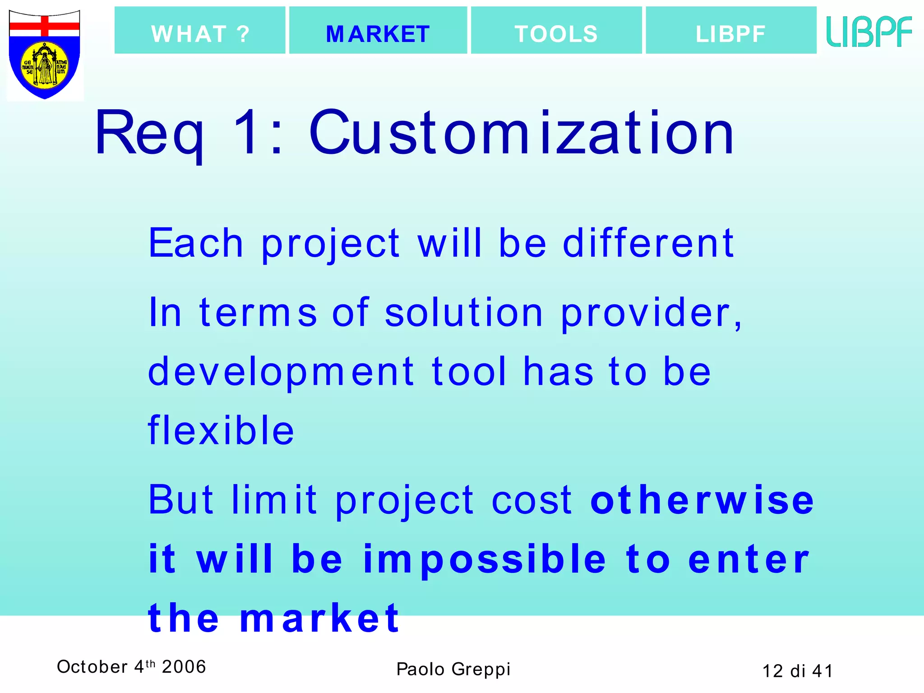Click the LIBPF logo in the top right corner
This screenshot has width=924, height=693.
click(869, 32)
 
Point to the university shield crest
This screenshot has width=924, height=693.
click(45, 54)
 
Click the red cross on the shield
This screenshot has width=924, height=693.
click(45, 26)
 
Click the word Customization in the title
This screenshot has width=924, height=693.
click(522, 134)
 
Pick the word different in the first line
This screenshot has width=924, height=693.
click(648, 243)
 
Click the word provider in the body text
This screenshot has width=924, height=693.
click(651, 313)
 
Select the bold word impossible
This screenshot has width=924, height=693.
click(485, 559)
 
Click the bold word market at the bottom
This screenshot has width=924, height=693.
click(319, 618)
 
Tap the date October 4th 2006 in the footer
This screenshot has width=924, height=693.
click(131, 666)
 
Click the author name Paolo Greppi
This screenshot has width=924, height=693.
click(453, 669)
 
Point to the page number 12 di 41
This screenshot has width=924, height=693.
click(797, 671)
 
